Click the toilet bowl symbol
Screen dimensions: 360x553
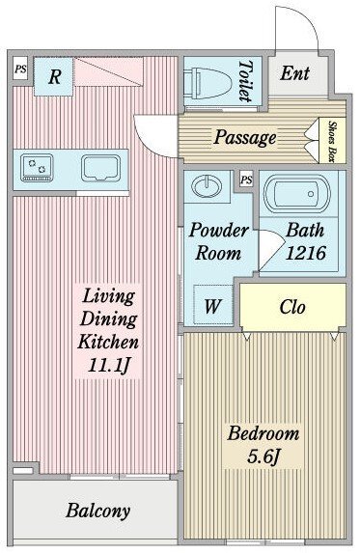[x=208, y=83]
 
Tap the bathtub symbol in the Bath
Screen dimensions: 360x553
[x=298, y=193]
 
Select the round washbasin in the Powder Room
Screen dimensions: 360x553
[x=207, y=186]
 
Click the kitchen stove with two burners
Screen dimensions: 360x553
[x=37, y=167]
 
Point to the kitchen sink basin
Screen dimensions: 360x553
[x=100, y=168]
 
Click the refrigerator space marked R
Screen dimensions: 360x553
[x=54, y=76]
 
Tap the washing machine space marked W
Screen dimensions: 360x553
[x=213, y=305]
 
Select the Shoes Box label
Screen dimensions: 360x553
[x=331, y=141]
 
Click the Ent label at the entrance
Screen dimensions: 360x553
[x=295, y=73]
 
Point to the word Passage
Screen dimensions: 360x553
[x=245, y=137]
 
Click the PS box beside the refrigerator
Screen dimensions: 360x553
[x=20, y=69]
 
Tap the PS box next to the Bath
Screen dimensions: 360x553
[x=246, y=180]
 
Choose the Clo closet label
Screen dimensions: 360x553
[x=292, y=307]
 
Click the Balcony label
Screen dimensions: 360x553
[x=98, y=511]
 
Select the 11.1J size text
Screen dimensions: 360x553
[x=108, y=366]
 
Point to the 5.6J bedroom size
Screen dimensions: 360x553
[x=263, y=456]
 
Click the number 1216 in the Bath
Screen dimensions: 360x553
[x=305, y=253]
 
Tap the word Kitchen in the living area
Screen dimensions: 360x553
[x=108, y=342]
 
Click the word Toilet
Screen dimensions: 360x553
[x=246, y=81]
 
